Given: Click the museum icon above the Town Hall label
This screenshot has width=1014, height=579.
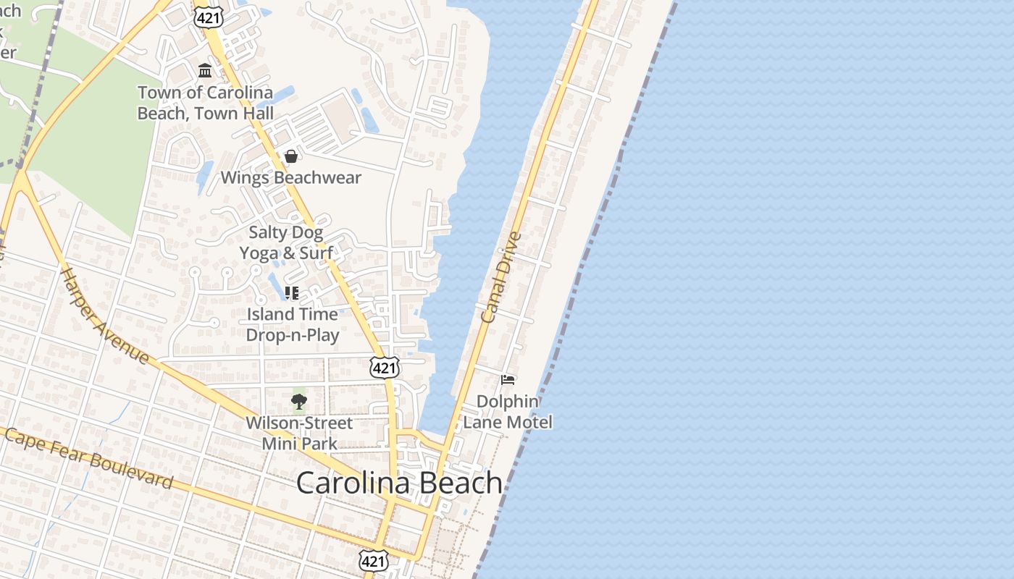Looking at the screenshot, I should pyautogui.click(x=205, y=71).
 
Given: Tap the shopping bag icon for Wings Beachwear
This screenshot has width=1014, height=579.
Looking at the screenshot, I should pyautogui.click(x=290, y=156).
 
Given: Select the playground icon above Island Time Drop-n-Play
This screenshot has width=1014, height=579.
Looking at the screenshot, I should pyautogui.click(x=292, y=293).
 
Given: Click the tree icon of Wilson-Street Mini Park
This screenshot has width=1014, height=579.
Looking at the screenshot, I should pyautogui.click(x=298, y=402).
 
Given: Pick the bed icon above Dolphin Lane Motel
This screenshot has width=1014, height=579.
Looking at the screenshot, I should pyautogui.click(x=508, y=379).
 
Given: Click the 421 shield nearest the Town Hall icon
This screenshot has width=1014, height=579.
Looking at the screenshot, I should pyautogui.click(x=207, y=17).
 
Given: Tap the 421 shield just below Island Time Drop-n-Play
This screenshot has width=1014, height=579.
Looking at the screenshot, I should pyautogui.click(x=384, y=368).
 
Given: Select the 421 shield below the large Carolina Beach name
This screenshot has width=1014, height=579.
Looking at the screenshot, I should pyautogui.click(x=374, y=560).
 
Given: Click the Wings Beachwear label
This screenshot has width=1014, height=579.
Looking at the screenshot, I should pyautogui.click(x=290, y=177).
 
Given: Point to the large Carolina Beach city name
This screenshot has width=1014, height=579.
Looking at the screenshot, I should pyautogui.click(x=399, y=483).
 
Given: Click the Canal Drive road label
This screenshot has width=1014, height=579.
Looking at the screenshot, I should pyautogui.click(x=500, y=277).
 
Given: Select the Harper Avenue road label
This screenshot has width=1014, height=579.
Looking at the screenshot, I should pyautogui.click(x=104, y=316).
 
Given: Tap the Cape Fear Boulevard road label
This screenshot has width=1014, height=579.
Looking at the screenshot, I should pyautogui.click(x=88, y=457).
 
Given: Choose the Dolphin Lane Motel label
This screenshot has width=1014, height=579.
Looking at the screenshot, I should pyautogui.click(x=507, y=412).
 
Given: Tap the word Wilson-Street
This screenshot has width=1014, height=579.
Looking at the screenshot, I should pyautogui.click(x=299, y=423).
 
